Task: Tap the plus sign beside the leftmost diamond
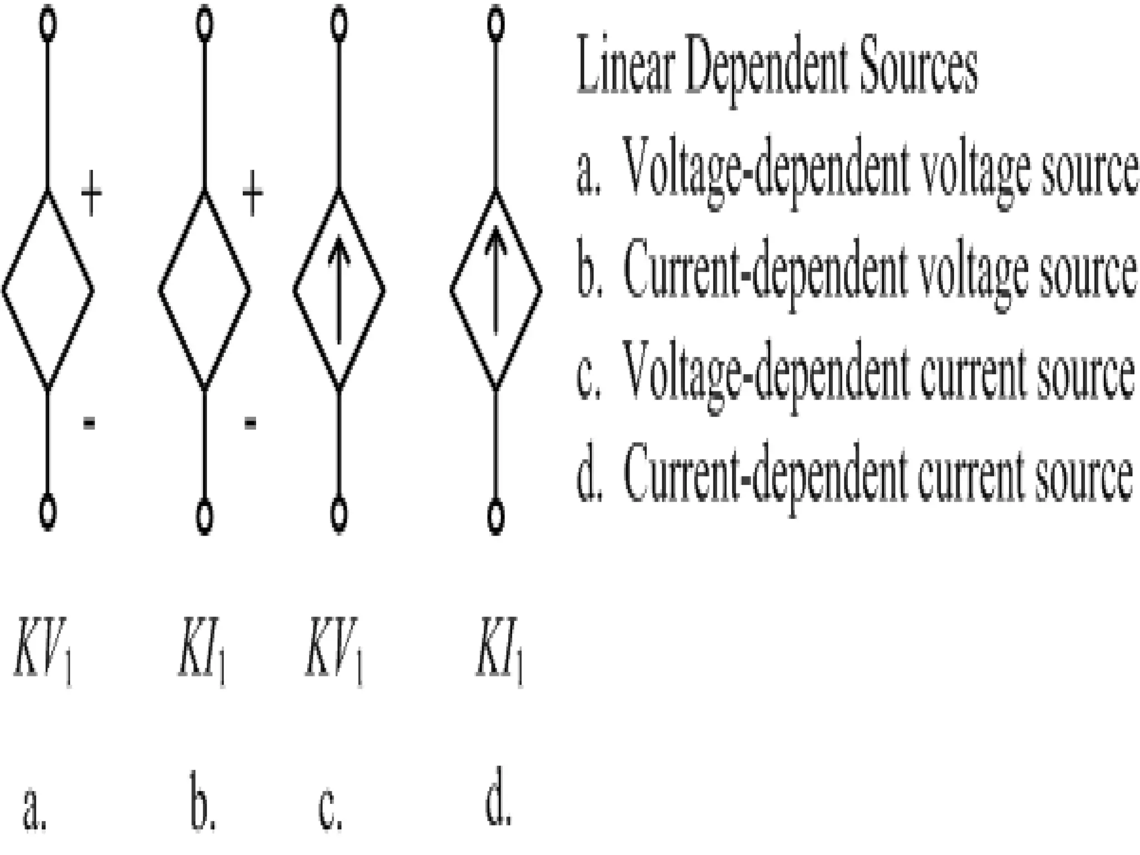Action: pyautogui.click(x=92, y=194)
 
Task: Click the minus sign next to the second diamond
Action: pyautogui.click(x=250, y=423)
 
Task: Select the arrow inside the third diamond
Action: pyautogui.click(x=339, y=289)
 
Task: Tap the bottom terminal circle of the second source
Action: pyautogui.click(x=205, y=517)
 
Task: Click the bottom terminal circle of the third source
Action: pyautogui.click(x=339, y=514)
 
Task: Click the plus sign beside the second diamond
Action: pyautogui.click(x=252, y=194)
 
